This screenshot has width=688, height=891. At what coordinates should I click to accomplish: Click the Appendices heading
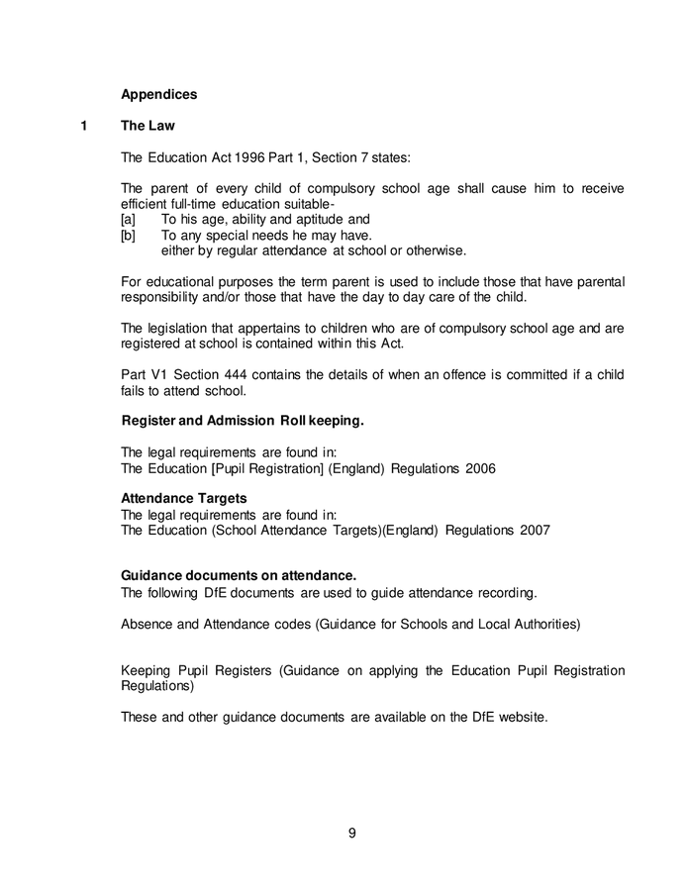[x=158, y=95]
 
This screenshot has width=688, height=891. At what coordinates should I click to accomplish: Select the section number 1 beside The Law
[x=85, y=126]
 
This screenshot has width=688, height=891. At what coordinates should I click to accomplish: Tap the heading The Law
[x=147, y=126]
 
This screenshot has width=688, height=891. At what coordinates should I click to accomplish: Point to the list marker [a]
[x=128, y=220]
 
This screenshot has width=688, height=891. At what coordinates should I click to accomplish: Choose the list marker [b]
[x=128, y=236]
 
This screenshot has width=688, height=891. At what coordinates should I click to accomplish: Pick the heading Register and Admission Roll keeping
[x=243, y=422]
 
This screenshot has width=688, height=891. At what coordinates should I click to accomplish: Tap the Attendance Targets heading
[x=183, y=499]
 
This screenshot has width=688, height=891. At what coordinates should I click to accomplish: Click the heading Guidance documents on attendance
[x=238, y=576]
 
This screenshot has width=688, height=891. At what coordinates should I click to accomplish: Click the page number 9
[x=352, y=833]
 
